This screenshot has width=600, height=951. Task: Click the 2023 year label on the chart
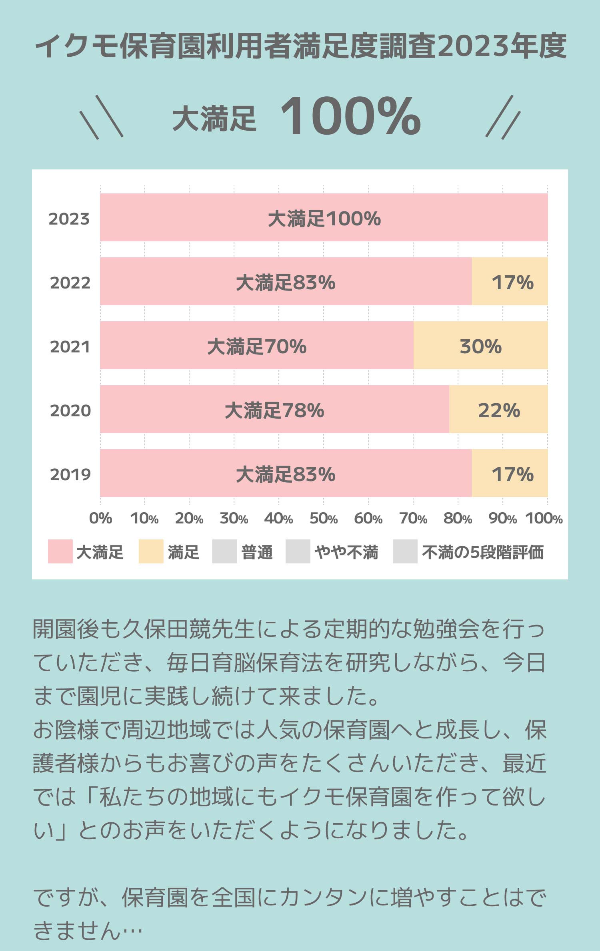tap(69, 219)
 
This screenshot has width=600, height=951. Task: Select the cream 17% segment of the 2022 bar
tap(510, 282)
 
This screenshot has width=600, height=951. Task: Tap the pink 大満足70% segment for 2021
tap(256, 346)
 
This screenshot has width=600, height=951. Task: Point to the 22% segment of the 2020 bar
tap(498, 410)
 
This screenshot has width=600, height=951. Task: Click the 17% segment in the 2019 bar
tap(510, 474)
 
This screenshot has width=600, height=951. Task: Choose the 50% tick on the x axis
tap(323, 519)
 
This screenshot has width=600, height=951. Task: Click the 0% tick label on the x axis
tap(100, 519)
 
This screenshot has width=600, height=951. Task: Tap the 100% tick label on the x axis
tap(544, 519)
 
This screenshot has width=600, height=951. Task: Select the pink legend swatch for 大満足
tap(60, 551)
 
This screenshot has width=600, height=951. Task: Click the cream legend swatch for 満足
tap(151, 551)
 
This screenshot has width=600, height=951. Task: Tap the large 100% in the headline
tap(350, 117)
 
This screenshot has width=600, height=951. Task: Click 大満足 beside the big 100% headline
tap(214, 119)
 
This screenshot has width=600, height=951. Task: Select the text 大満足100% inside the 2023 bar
tap(324, 219)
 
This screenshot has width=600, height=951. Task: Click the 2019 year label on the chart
tap(70, 474)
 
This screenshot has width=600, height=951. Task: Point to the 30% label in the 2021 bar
tap(480, 346)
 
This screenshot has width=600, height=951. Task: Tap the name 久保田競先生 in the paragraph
tap(188, 629)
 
